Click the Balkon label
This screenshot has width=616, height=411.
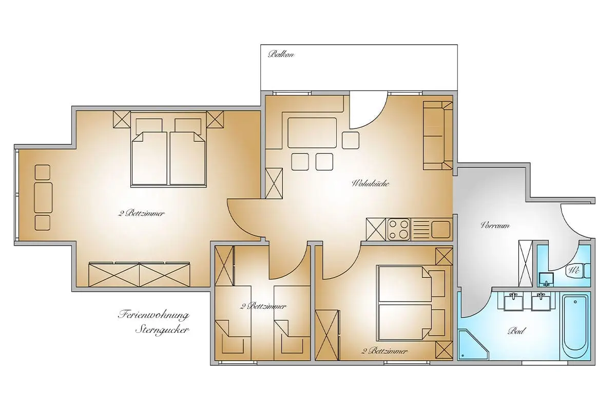[281, 54]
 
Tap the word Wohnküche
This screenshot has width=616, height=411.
[370, 183]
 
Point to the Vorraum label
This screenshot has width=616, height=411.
[495, 226]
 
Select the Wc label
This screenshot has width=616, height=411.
[574, 270]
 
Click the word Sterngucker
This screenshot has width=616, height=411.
[163, 330]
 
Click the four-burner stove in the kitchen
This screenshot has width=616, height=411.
[398, 229]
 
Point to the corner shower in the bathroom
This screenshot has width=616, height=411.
[473, 344]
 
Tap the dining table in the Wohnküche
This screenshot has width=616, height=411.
[312, 133]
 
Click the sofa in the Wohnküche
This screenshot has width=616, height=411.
[438, 135]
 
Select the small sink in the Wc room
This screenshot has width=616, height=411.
[546, 279]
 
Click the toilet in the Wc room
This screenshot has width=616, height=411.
[579, 270]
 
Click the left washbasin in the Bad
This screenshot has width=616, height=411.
[513, 302]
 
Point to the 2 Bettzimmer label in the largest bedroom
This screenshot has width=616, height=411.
[142, 213]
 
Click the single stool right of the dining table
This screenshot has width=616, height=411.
[351, 140]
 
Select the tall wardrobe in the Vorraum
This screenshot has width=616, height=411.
[525, 263]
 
